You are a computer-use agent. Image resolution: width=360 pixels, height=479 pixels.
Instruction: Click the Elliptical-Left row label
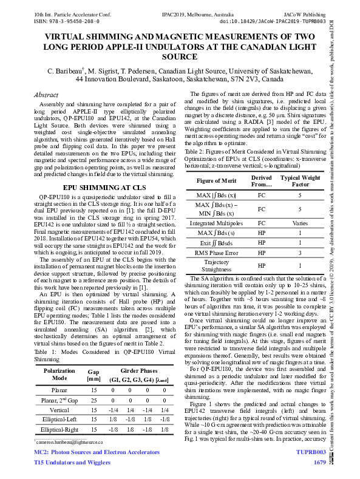[x=60, y=418]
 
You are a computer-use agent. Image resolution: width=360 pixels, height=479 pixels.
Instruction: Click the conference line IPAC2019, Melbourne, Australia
[x=180, y=12]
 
